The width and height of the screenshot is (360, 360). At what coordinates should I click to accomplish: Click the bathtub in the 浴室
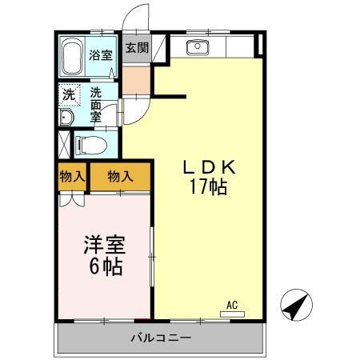click(x=73, y=55)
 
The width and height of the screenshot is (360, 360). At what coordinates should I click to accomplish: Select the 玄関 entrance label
click(x=136, y=48)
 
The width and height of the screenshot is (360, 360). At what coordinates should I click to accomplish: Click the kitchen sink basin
click(x=197, y=47)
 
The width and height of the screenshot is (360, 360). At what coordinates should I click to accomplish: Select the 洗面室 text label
click(x=97, y=103)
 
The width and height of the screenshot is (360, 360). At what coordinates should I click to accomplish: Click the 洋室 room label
click(x=103, y=245)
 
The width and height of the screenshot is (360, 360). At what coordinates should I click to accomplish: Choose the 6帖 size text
click(x=103, y=266)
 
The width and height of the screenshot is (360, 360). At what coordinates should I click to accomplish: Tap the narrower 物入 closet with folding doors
click(x=72, y=176)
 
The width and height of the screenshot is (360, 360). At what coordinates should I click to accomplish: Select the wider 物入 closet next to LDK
click(x=120, y=176)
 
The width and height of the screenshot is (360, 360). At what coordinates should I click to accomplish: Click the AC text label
click(x=232, y=305)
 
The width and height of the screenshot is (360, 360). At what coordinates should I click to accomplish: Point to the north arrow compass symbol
click(x=296, y=304)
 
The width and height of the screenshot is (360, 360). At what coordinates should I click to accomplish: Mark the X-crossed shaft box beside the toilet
click(x=65, y=146)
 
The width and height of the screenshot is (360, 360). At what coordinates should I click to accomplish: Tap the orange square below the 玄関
click(x=136, y=78)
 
